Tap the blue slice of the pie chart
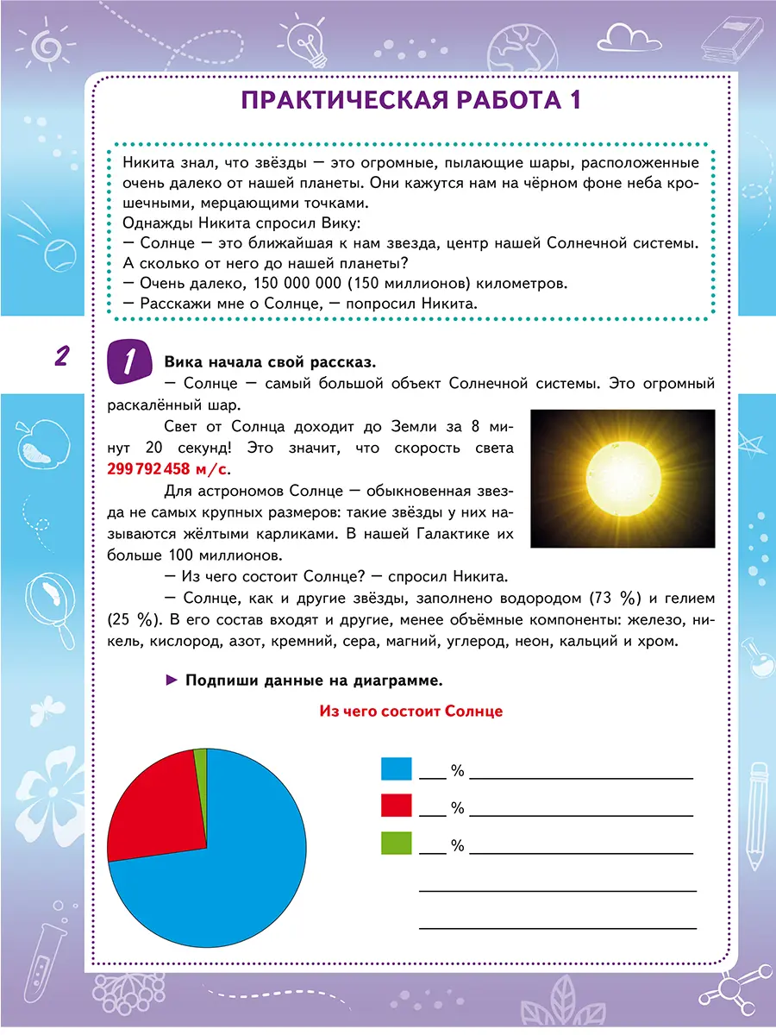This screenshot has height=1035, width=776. point(224,880)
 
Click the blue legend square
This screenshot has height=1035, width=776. point(396,768)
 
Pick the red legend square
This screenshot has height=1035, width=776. point(396,806)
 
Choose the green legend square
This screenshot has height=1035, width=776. point(396,843)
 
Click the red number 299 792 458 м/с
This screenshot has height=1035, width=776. point(169,471)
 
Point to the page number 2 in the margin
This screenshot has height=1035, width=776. point(61,356)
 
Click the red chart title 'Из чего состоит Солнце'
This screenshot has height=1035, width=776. point(410,712)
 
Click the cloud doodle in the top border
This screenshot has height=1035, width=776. point(627,36)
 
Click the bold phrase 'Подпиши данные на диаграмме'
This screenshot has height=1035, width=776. point(313,681)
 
